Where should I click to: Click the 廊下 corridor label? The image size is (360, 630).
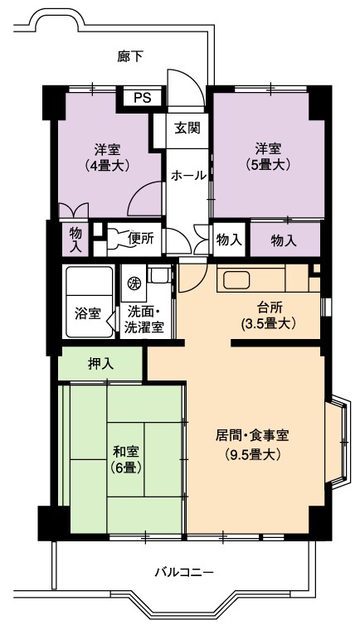click(130, 56)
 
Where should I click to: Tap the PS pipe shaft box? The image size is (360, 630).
click(143, 98)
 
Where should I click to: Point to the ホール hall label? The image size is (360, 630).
click(187, 176)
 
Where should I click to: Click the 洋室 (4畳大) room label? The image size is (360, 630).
click(106, 157)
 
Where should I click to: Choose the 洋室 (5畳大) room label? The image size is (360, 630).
click(267, 157)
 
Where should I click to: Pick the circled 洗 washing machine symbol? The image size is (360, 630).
click(133, 283)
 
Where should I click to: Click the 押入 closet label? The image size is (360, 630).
click(101, 363)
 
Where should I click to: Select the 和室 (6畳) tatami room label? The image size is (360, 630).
click(125, 459)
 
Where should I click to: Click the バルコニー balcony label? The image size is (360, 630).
click(184, 573)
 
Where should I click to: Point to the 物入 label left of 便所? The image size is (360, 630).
click(75, 240)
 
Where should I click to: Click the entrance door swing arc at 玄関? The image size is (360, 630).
click(184, 83)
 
